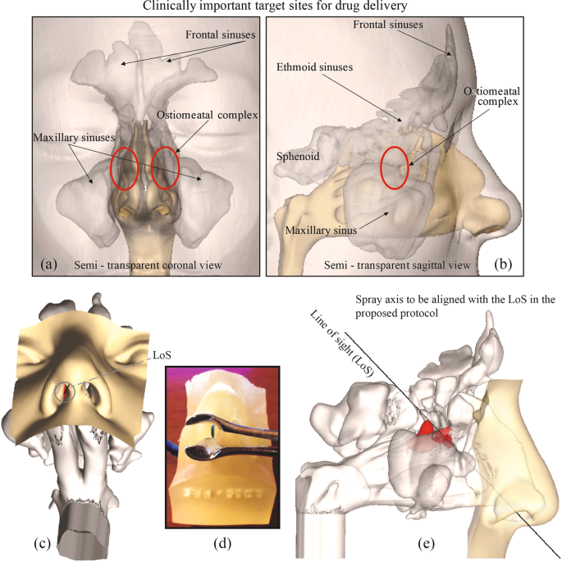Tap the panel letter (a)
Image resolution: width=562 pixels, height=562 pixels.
49,263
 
